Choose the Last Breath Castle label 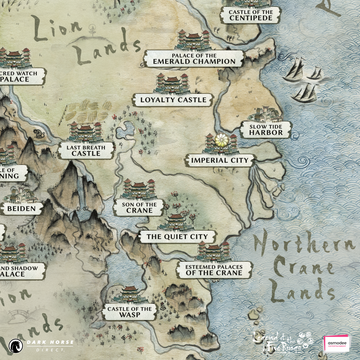[86, 151]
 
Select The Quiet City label [176, 237]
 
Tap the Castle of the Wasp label [129, 314]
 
